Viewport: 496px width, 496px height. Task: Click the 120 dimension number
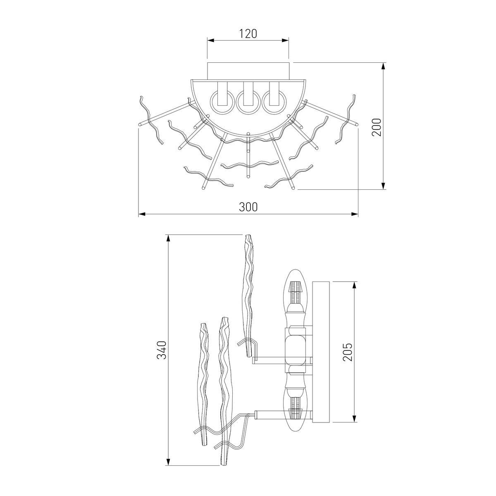tap(248, 34)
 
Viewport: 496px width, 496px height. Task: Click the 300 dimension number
tap(248, 207)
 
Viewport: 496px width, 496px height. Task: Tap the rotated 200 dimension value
tap(377, 127)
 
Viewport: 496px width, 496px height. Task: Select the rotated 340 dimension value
tap(162, 350)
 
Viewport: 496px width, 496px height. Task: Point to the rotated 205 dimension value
tap(347, 352)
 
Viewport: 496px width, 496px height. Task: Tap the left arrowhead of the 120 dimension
tap(211, 40)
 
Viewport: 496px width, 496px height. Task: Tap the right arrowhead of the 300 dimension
tap(355, 214)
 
